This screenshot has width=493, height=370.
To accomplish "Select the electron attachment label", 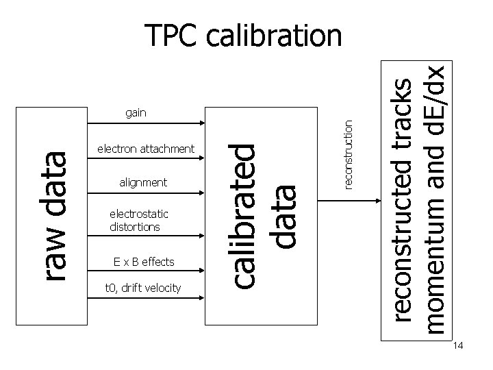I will [x=146, y=149].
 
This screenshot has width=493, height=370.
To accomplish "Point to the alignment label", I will [x=143, y=182].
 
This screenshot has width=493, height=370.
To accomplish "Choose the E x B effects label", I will [x=144, y=262].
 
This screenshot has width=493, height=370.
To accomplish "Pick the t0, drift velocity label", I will [x=143, y=288].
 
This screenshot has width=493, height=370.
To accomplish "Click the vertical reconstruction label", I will [x=349, y=153].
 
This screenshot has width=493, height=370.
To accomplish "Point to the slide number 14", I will [x=458, y=347].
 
